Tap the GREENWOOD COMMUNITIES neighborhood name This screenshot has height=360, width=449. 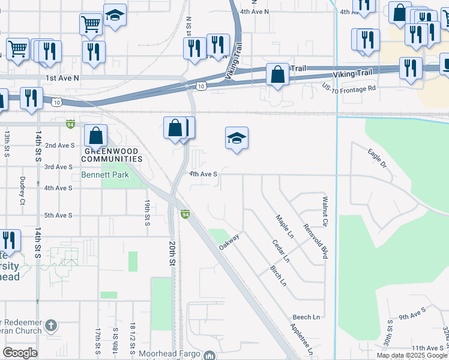pyautogui.click(x=112, y=155)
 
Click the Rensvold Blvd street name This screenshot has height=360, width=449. pyautogui.click(x=316, y=242)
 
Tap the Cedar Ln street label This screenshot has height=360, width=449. pyautogui.click(x=280, y=251)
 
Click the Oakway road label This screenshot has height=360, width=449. pyautogui.click(x=229, y=244)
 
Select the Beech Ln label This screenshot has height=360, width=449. pyautogui.click(x=306, y=317)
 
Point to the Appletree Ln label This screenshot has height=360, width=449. pyautogui.click(x=301, y=339)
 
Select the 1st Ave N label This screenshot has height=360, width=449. pyautogui.click(x=62, y=79)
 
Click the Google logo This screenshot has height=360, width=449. pyautogui.click(x=20, y=352)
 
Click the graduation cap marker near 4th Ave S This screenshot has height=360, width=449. pyautogui.click(x=237, y=139)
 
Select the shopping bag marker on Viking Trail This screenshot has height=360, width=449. pyautogui.click(x=277, y=76)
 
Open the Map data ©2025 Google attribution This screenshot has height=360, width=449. pyautogui.click(x=412, y=355)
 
